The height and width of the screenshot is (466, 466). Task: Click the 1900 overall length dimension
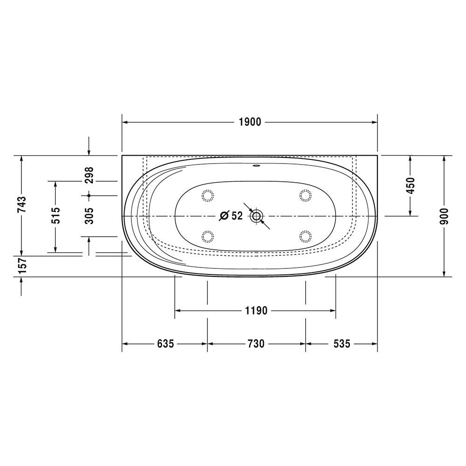pyautogui.click(x=250, y=122)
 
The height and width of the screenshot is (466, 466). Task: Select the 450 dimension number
pyautogui.click(x=410, y=185)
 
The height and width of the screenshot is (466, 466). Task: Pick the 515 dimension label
pyautogui.click(x=55, y=216)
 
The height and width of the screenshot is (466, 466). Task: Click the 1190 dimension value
pyautogui.click(x=255, y=310)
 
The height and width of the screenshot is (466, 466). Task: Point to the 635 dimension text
pyautogui.click(x=165, y=344)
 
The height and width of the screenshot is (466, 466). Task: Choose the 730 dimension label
pyautogui.click(x=256, y=344)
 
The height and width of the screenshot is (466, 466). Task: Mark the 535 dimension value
pyautogui.click(x=342, y=344)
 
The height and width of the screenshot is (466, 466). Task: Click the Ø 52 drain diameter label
pyautogui.click(x=231, y=216)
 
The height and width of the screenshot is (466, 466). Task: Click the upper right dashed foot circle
pyautogui.click(x=305, y=195)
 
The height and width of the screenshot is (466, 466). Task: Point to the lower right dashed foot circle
pyautogui.click(x=305, y=237)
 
